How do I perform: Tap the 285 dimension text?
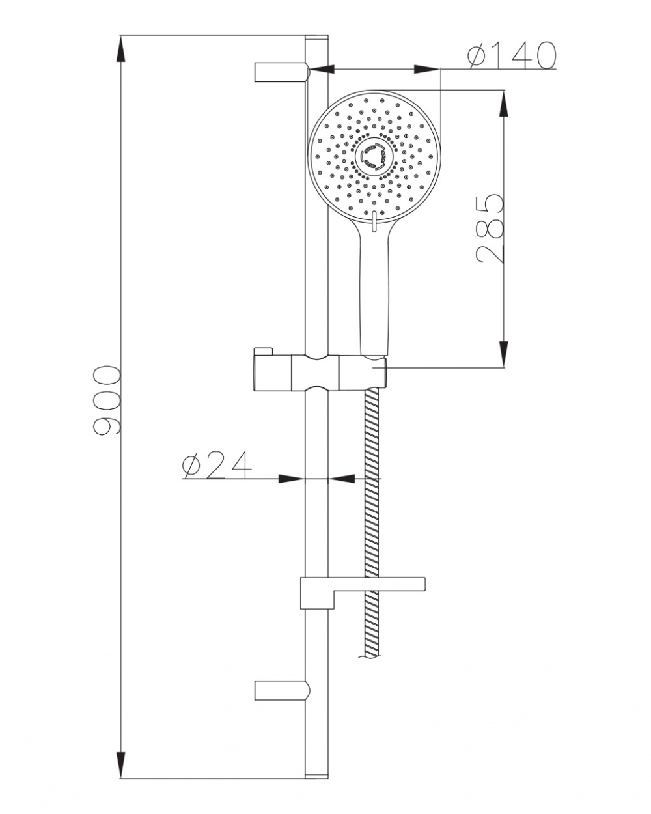[490, 229]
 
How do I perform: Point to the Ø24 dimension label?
[217, 465]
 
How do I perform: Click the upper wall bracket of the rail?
[283, 72]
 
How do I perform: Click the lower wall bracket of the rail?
[283, 690]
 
